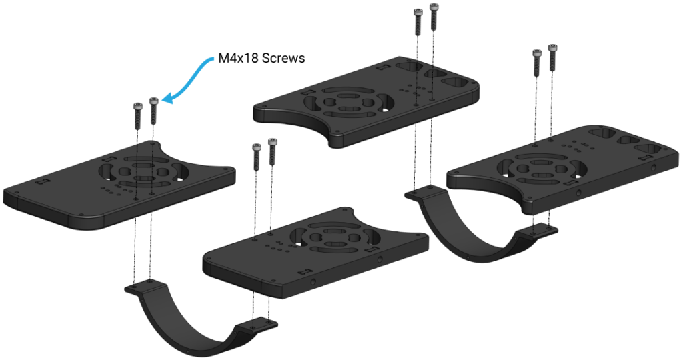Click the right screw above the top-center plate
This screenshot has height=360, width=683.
[434, 17]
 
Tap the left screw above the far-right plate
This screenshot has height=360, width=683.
[536, 63]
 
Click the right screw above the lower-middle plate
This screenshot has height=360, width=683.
[272, 151]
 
